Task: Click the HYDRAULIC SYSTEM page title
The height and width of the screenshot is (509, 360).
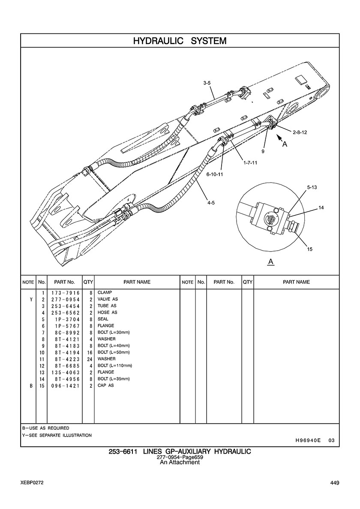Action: pyautogui.click(x=180, y=41)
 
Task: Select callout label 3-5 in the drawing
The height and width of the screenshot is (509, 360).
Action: pyautogui.click(x=207, y=83)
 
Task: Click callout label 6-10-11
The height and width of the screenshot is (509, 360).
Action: pyautogui.click(x=214, y=174)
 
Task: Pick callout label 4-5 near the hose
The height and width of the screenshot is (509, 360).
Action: pyautogui.click(x=211, y=203)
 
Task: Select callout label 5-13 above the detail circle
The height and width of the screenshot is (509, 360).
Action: pyautogui.click(x=312, y=187)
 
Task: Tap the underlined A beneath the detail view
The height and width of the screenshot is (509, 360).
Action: pyautogui.click(x=270, y=261)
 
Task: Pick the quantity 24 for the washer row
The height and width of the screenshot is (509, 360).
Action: pyautogui.click(x=90, y=359)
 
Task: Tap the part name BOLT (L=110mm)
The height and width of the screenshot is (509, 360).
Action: pyautogui.click(x=114, y=365)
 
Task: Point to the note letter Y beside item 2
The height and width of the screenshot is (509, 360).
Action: pyautogui.click(x=31, y=299)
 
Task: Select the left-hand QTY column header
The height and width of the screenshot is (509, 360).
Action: pyautogui.click(x=88, y=282)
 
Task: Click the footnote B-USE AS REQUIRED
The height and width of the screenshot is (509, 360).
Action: pyautogui.click(x=45, y=428)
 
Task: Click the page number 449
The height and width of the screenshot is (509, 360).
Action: pyautogui.click(x=335, y=483)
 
